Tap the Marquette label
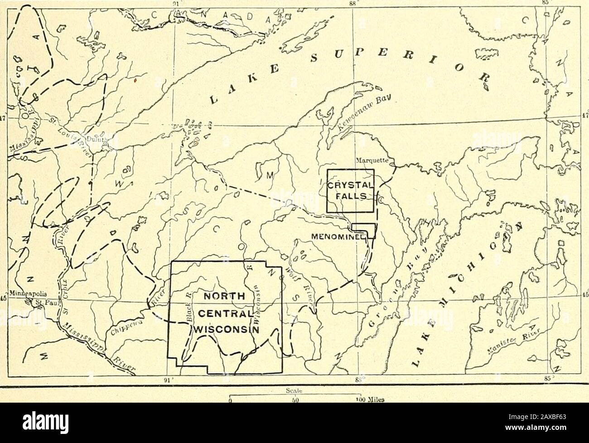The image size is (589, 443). coord(370,159)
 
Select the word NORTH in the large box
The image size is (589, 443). coord(225,297)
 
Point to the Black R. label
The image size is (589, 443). coord(191,308)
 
